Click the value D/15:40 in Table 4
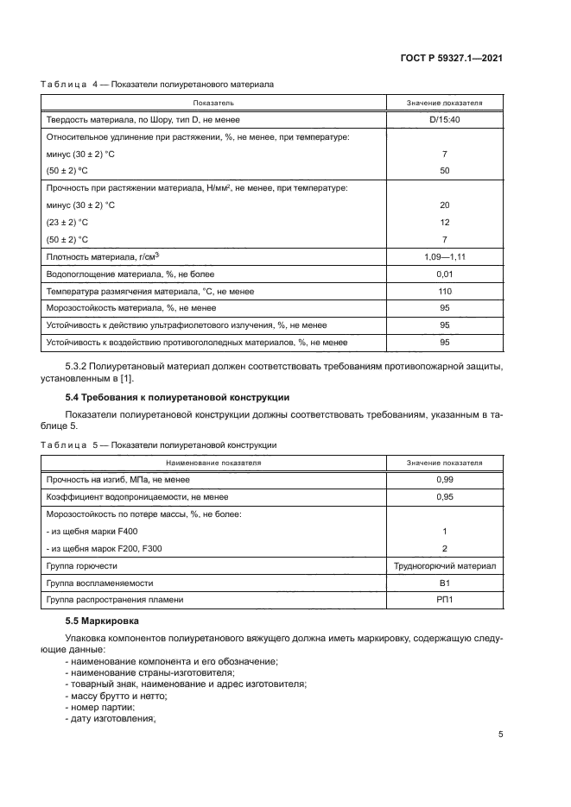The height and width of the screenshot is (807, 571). coord(444,119)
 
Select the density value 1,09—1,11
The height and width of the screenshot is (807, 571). coord(444,257)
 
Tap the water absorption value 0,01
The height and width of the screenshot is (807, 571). coord(444,274)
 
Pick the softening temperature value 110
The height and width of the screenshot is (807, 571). coord(444,292)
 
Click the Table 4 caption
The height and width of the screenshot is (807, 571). coord(157,85)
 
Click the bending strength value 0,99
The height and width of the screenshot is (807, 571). coord(444,479)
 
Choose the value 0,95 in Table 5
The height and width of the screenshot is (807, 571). coord(444,496)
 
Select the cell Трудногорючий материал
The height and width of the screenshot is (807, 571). coord(444,565)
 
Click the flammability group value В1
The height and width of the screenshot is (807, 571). coord(444,583)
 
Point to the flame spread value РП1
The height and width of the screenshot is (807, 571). coord(444,600)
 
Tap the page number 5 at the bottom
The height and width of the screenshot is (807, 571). coord(501,734)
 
